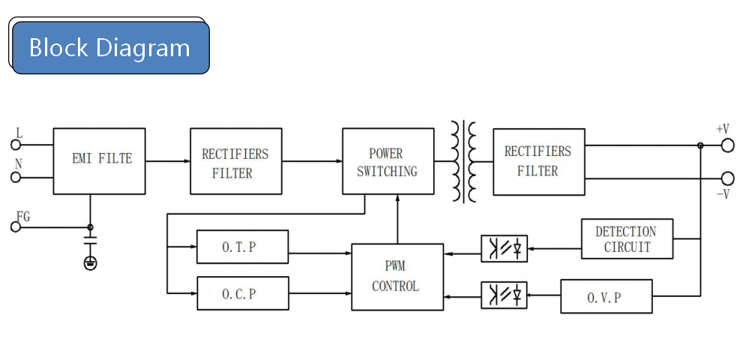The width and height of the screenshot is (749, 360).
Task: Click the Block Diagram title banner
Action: coord(110,47)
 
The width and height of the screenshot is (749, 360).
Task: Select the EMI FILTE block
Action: coord(100,161)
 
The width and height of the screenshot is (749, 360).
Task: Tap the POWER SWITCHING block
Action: coord(388,161)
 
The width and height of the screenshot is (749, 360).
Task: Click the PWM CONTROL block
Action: coord(397,277)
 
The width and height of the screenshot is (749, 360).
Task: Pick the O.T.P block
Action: coord(243,247)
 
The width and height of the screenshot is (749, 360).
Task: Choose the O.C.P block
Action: coord(243,293)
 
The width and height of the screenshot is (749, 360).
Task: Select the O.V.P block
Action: coord(607,296)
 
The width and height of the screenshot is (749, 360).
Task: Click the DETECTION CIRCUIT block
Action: coord(628,239)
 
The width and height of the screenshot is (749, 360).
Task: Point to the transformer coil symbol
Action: coord(463,161)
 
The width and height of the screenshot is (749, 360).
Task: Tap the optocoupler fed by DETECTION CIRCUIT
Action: coord(504,248)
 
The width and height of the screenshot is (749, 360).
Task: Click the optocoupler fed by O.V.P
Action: coord(504,295)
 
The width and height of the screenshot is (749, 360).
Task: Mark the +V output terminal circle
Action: coord(727,145)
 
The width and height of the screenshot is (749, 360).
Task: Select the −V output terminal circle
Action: coord(727,178)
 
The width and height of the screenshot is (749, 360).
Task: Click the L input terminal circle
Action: coord(16,145)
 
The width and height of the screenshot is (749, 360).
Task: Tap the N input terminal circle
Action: coord(16,178)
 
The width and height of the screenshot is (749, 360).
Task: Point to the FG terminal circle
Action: coord(16,227)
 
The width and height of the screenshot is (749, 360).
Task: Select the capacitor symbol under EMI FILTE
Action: coord(90,241)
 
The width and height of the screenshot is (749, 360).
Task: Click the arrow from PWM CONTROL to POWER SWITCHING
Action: coord(397,219)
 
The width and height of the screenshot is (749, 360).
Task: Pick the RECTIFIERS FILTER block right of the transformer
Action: coord(539,161)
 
